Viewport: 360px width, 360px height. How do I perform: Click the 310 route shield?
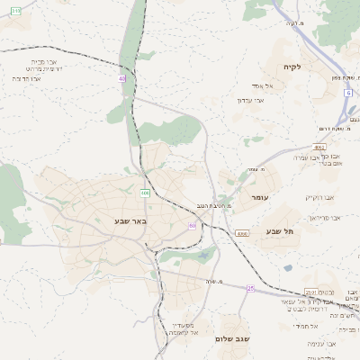pos(15,10)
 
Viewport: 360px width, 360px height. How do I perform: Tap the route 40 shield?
pos(121,79)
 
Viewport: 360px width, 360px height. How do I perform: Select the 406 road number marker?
pos(144,193)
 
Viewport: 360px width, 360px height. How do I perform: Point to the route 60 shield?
pos(193,225)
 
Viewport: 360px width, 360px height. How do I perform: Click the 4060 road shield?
pos(242,233)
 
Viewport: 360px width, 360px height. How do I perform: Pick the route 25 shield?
pos(250,288)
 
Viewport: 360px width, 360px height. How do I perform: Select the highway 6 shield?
pos(347,93)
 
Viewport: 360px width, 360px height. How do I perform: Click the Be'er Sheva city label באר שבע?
pos(130,220)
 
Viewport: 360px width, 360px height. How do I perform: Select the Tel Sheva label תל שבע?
pos(280,231)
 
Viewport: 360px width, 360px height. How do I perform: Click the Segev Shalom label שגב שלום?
pos(233,339)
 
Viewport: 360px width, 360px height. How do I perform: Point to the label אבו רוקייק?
pos(319,197)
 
